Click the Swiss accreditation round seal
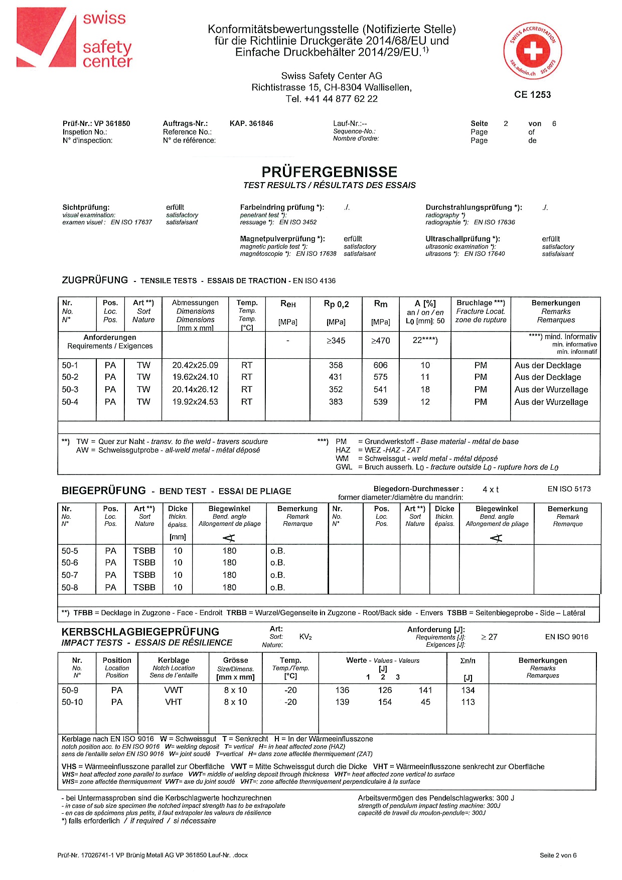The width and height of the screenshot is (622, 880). click(532, 51)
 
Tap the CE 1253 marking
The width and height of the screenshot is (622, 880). click(532, 95)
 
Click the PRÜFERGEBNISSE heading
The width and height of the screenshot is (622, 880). click(329, 172)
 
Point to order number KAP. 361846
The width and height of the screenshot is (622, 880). click(251, 123)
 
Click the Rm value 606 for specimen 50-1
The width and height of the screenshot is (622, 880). click(380, 365)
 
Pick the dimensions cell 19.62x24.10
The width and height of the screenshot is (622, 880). click(195, 377)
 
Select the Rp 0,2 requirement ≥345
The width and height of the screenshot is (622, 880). click(336, 341)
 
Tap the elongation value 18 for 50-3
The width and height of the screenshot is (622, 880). click(425, 389)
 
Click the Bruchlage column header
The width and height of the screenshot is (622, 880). click(481, 303)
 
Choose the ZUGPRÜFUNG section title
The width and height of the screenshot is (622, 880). click(95, 280)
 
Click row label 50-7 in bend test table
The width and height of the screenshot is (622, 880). click(70, 575)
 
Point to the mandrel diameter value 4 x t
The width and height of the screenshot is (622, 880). click(491, 489)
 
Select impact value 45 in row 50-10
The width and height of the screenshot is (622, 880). click(425, 702)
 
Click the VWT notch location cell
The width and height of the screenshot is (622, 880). click(174, 690)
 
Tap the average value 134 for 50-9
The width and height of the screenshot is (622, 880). click(468, 690)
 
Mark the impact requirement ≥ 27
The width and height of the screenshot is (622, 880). click(489, 637)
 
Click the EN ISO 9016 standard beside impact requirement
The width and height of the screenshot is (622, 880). click(566, 637)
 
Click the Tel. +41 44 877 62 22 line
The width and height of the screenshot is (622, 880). click(332, 99)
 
